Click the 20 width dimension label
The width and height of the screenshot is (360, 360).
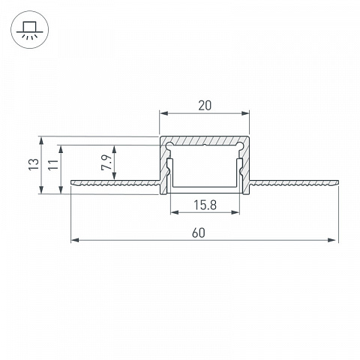(205, 106)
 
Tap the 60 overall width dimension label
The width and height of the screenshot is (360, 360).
(199, 233)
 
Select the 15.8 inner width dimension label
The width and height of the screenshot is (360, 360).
(205, 205)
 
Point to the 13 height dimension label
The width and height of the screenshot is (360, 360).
(34, 165)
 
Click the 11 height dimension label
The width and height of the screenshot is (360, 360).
(53, 165)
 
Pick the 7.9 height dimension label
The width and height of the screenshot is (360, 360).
(106, 163)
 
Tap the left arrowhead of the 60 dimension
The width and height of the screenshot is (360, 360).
(75, 240)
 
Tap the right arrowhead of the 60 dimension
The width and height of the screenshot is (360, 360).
(331, 240)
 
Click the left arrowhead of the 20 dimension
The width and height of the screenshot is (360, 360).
(164, 113)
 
